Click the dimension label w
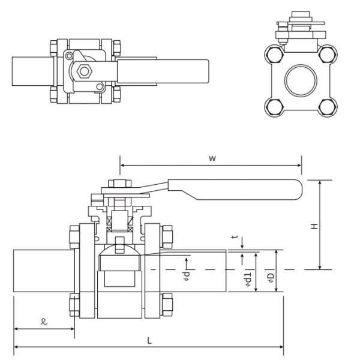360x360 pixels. tap(212, 158)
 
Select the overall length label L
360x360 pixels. tap(149, 340)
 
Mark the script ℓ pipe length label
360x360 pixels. tap(44, 322)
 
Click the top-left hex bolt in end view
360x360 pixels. tap(275, 54)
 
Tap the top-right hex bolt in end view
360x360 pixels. tap(327, 54)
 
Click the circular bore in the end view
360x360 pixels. tap(301, 80)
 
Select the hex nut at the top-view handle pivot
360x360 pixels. tap(84, 71)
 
